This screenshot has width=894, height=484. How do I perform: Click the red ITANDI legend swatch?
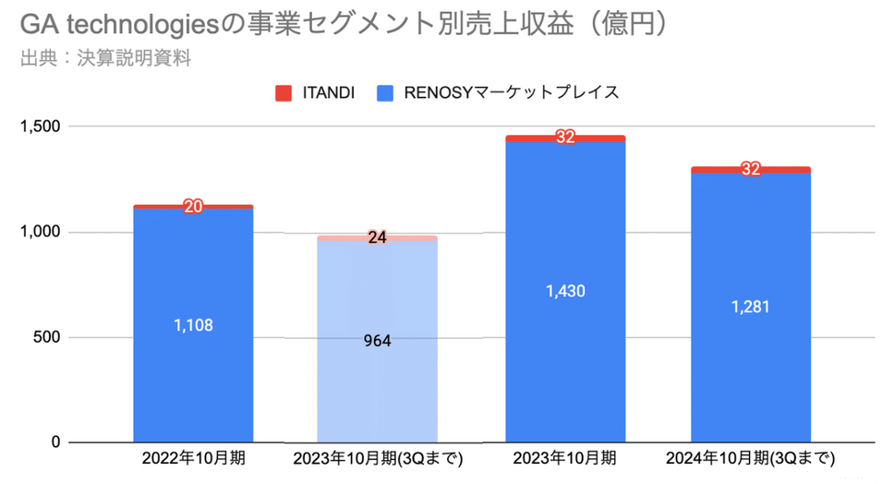click(x=284, y=92)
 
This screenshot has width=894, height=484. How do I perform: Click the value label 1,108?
click(x=193, y=325)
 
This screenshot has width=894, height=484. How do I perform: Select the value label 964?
click(x=378, y=341)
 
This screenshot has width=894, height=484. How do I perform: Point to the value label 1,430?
click(x=565, y=292)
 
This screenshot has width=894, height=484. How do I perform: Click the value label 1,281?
click(x=751, y=308)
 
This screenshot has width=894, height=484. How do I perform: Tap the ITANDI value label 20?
click(x=193, y=207)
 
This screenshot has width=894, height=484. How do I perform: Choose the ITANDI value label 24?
click(x=378, y=237)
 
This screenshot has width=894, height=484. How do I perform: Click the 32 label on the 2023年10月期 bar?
click(x=565, y=138)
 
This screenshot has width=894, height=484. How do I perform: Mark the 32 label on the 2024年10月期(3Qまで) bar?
click(x=751, y=169)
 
